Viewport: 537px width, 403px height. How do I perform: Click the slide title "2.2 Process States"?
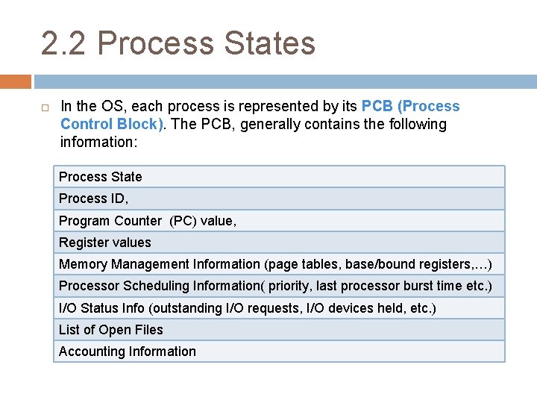(178, 43)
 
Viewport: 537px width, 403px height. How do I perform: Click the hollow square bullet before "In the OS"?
(45, 107)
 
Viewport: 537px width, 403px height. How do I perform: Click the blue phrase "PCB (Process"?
(410, 107)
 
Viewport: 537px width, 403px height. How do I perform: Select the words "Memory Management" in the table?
(124, 264)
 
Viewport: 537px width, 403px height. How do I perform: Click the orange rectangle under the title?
(16, 81)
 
